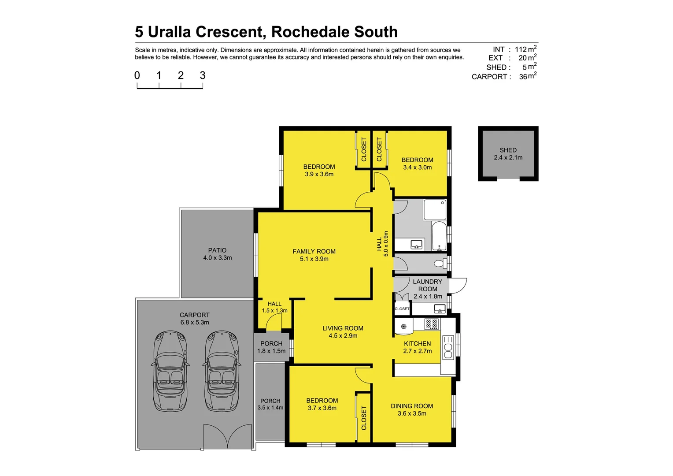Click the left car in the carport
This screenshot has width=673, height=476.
(x=171, y=371)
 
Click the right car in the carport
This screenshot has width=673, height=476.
(x=222, y=371)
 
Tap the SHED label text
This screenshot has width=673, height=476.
(x=508, y=150)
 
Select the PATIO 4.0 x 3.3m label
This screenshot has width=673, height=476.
(x=217, y=254)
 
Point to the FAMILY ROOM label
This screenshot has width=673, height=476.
(x=314, y=252)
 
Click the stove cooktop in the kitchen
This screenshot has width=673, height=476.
(x=431, y=324)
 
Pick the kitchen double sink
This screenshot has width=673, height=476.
(x=448, y=347)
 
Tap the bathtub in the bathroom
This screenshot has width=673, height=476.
(x=439, y=237)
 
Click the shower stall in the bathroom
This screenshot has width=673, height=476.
(x=435, y=210)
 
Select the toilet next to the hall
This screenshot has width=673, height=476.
(x=440, y=264)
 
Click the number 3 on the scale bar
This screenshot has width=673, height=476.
(x=203, y=75)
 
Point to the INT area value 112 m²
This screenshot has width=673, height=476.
(x=525, y=49)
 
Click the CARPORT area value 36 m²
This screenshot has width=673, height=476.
(x=527, y=76)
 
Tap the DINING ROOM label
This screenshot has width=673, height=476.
(x=412, y=406)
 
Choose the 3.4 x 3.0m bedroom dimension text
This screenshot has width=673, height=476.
(x=417, y=167)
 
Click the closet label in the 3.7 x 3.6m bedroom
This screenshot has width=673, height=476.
(x=364, y=418)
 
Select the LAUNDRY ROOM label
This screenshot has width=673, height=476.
(x=427, y=285)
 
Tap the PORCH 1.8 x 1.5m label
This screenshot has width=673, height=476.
(x=271, y=347)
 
